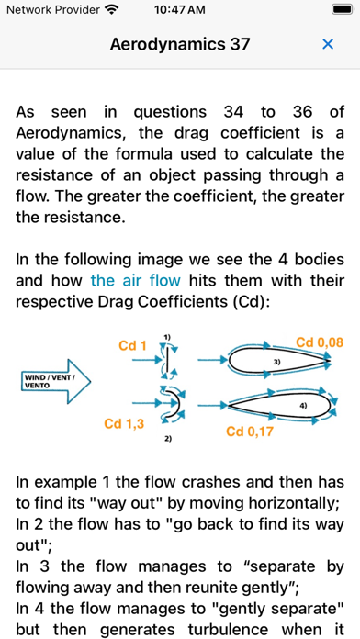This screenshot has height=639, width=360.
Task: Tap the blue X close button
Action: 328,44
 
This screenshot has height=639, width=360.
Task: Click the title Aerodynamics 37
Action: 180,44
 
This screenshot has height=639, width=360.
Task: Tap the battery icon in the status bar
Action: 342,9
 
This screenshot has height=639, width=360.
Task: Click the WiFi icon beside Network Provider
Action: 111,9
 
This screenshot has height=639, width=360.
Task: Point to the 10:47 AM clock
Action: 180,9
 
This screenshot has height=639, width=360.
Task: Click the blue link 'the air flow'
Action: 135,280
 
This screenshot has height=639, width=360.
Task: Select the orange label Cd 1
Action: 132,346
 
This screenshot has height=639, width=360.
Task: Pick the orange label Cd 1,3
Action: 124,423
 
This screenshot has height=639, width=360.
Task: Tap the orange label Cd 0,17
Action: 249,432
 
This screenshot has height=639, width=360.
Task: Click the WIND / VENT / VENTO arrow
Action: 55,381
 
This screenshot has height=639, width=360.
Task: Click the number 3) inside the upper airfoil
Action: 276,362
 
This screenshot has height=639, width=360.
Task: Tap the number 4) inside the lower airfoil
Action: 303,406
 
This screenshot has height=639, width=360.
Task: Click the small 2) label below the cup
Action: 168,439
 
